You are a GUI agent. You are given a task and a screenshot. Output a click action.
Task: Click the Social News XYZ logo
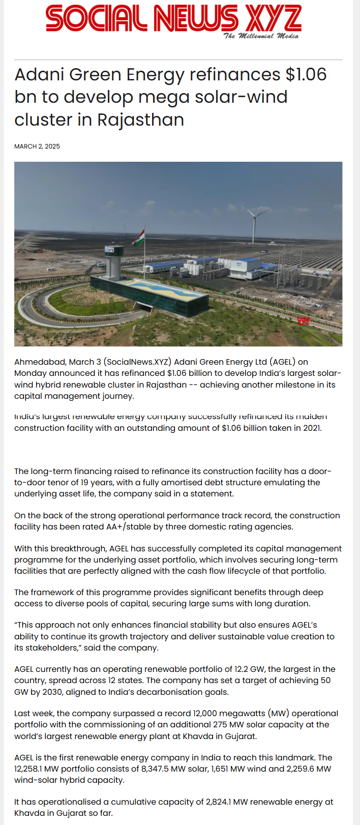point(173,19)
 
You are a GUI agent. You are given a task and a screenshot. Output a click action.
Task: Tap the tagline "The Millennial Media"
point(261,36)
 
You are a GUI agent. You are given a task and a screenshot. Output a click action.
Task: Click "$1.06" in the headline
point(306,75)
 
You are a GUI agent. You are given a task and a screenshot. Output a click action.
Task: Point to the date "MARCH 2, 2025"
point(37,146)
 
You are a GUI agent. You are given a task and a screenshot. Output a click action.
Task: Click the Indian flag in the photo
point(139,238)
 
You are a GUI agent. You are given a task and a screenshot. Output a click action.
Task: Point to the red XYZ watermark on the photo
point(303,321)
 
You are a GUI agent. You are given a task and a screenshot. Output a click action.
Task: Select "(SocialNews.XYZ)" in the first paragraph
point(137,362)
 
